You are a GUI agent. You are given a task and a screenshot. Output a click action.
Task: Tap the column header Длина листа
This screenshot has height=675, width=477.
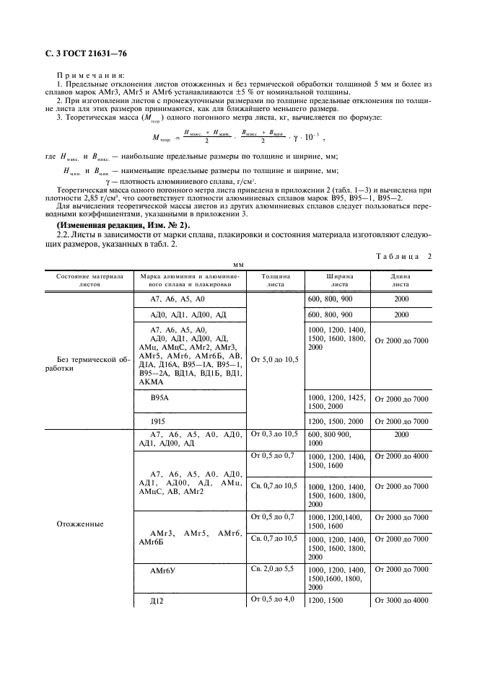coord(401,280)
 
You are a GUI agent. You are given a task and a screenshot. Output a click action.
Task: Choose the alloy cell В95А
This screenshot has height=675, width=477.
coord(161,397)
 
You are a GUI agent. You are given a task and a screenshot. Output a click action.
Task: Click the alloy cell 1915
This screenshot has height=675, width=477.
coord(159,420)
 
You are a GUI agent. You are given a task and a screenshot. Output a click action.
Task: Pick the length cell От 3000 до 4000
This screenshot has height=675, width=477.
coord(402,601)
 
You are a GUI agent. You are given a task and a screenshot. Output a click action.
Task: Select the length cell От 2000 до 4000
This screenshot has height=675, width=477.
coord(402,456)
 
